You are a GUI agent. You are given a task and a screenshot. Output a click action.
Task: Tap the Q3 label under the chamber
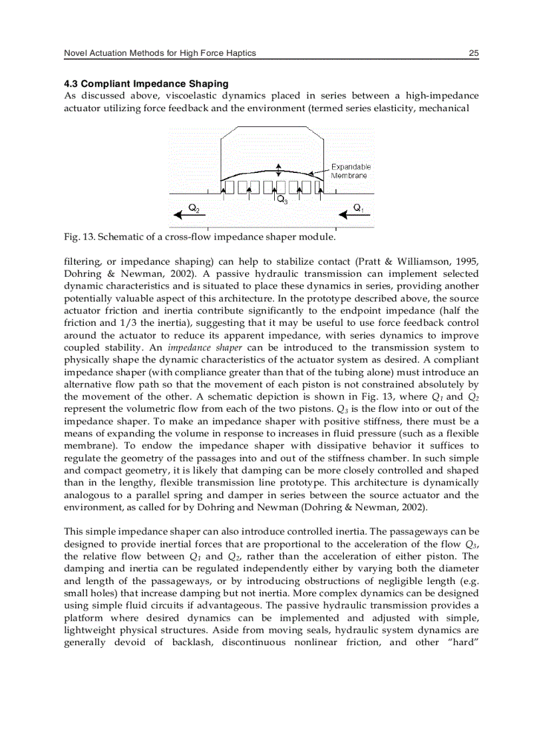[281, 200]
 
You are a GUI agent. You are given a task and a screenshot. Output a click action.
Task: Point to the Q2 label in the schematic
[193, 207]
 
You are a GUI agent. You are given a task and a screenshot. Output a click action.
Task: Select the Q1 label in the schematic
[358, 207]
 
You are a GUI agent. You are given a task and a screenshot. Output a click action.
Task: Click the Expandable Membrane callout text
[350, 171]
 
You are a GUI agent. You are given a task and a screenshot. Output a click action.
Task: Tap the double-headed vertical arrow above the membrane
[279, 169]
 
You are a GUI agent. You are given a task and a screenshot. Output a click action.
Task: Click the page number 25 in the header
[473, 53]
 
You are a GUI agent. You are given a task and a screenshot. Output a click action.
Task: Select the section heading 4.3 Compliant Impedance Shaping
[146, 84]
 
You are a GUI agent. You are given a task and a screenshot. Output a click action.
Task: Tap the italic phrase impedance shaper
[193, 347]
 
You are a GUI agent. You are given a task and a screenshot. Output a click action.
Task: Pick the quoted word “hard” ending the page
[461, 642]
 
